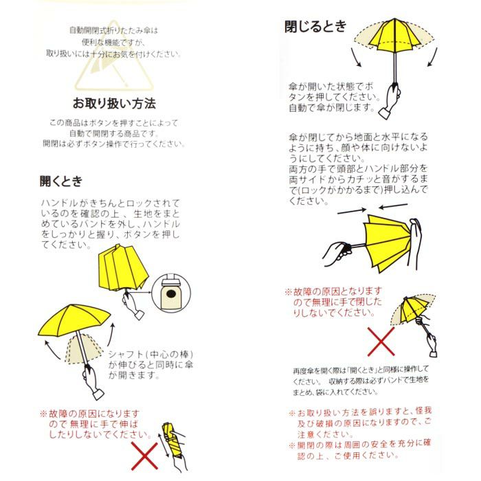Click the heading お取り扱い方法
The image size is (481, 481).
point(115,104)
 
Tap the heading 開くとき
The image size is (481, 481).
point(61,181)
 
